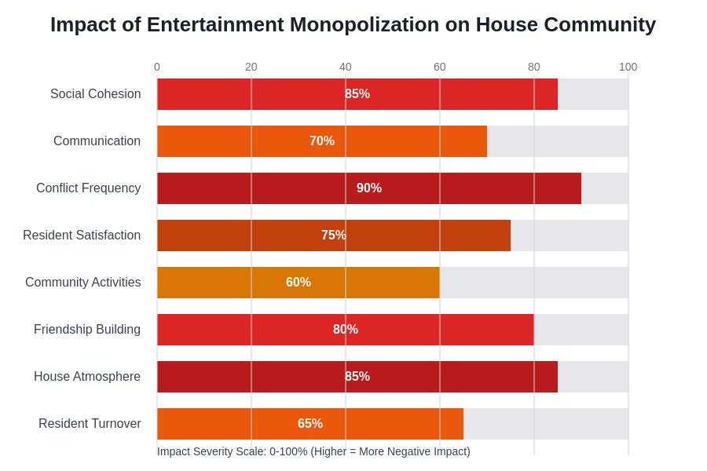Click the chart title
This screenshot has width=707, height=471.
point(353,24)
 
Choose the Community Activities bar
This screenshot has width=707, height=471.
point(228,283)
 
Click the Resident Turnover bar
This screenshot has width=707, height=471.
point(236,424)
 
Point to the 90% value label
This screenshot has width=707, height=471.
point(369,188)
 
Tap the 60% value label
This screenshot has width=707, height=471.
point(299,283)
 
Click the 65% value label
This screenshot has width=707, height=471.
point(310,424)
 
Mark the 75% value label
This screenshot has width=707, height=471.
point(334,235)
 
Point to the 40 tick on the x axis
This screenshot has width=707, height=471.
point(346,67)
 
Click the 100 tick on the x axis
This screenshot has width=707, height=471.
point(628,67)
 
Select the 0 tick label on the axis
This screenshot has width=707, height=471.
point(157,67)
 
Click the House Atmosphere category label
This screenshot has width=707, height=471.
point(87,377)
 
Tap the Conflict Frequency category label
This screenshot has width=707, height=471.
point(88,188)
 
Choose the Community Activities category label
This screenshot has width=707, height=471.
point(82,283)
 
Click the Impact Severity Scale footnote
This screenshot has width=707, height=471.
point(313,451)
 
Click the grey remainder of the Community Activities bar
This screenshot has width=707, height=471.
point(534,283)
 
